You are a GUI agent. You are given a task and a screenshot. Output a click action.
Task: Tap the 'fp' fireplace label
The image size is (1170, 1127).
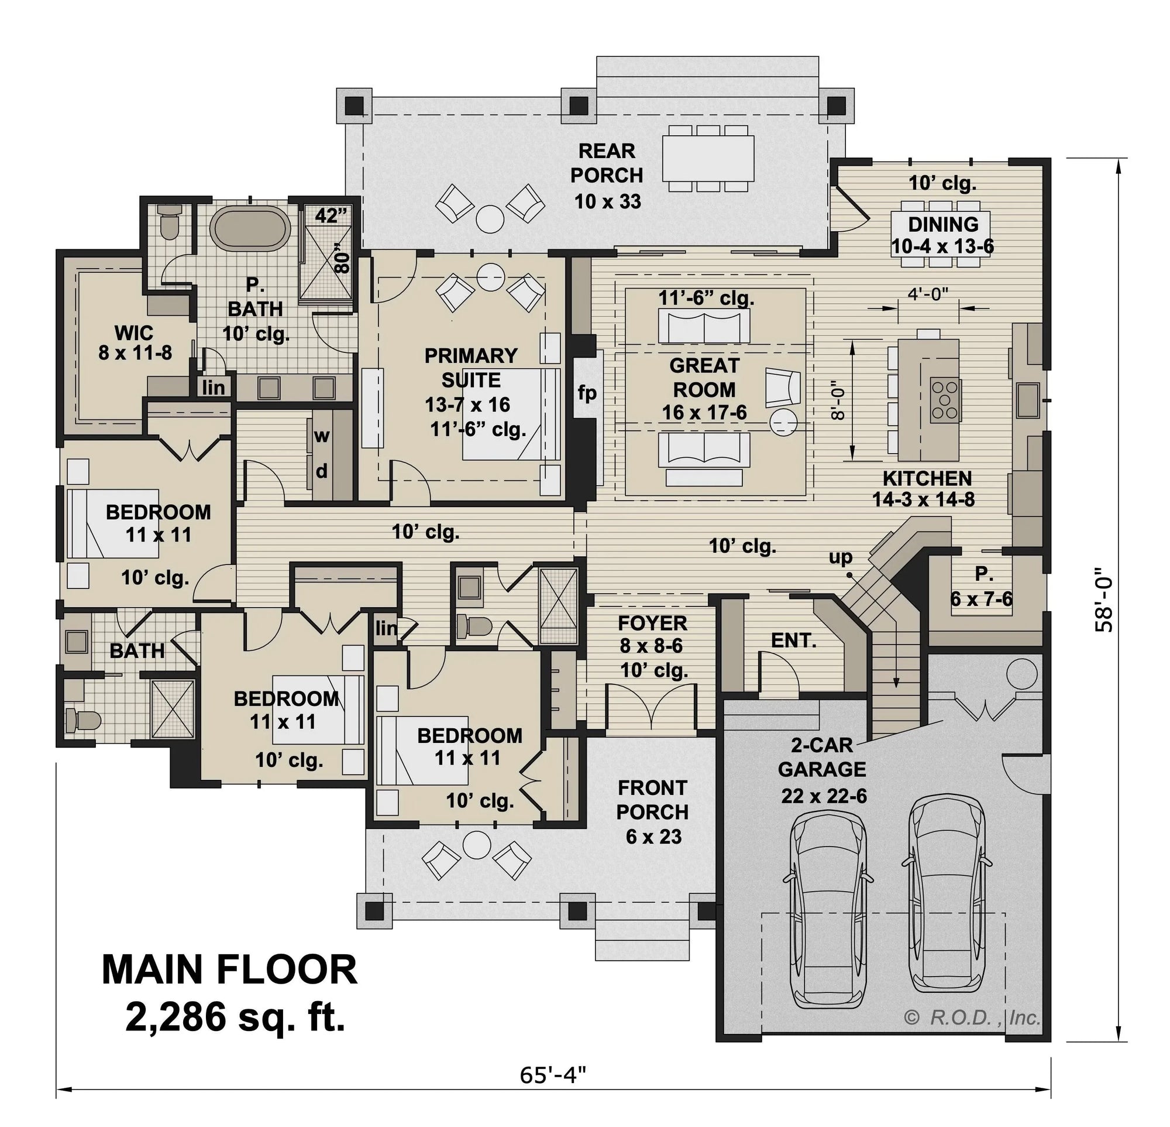587,393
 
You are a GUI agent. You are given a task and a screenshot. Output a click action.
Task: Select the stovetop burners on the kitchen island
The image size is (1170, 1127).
945,399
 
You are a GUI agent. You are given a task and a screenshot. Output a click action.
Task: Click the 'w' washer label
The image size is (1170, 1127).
322,436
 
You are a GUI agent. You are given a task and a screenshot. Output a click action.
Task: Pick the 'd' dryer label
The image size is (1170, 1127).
322,472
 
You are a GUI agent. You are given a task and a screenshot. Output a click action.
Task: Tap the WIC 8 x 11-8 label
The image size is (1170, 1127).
135,343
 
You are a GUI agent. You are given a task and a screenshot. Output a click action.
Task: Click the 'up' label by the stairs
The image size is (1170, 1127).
841,557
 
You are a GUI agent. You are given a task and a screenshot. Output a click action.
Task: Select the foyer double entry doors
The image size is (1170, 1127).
652,708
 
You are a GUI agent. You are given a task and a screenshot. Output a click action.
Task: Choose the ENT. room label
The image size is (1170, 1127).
793,641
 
